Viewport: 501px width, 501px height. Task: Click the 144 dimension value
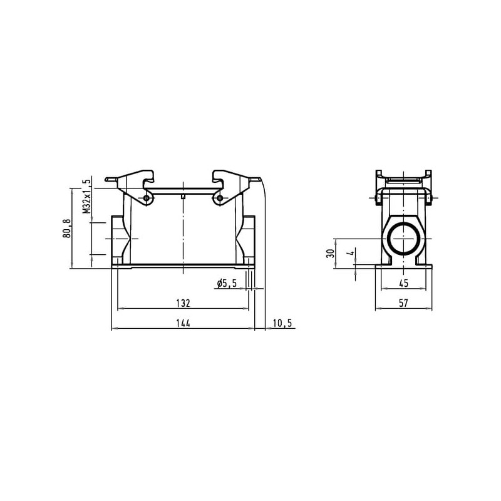click(183, 323)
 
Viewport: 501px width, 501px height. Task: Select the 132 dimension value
click(183, 303)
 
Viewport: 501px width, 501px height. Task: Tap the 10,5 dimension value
click(282, 323)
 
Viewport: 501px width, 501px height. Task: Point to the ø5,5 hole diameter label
click(227, 283)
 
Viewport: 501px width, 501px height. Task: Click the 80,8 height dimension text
click(67, 228)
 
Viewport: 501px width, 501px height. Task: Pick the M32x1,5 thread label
click(86, 196)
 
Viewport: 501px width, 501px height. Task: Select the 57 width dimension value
click(403, 303)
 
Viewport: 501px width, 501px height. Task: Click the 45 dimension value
click(403, 283)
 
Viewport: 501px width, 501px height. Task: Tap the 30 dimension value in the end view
click(331, 254)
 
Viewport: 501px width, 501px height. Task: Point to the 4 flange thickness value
click(351, 253)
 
